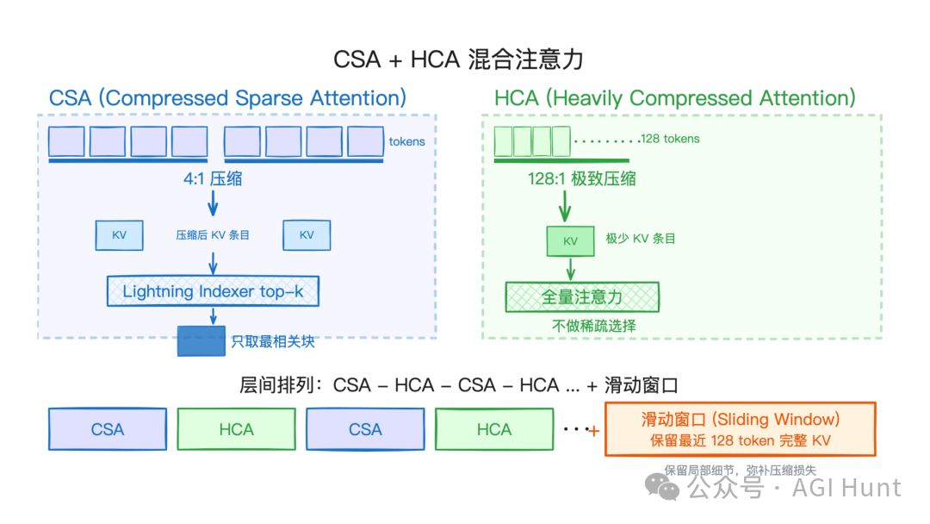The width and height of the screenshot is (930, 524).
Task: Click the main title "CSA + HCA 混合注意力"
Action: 458,59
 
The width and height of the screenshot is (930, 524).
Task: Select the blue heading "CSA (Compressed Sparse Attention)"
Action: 227,98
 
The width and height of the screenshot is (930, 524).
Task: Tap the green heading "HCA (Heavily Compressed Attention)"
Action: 675,98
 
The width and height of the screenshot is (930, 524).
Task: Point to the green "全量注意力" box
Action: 582,297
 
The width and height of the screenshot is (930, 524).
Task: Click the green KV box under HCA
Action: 570,241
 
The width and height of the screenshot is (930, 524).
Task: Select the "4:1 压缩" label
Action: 213,179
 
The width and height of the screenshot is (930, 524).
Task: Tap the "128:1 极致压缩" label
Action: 582,179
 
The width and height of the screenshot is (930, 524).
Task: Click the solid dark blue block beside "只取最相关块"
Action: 201,341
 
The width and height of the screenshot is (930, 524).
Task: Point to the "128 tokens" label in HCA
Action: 670,139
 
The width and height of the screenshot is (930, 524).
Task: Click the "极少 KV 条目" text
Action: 641,238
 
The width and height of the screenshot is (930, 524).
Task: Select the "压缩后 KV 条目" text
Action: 213,234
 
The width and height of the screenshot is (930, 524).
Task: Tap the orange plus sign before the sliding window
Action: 593,429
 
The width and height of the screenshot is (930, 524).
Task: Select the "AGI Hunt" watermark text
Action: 848,488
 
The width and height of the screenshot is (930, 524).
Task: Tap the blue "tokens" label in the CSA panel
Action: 406,141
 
